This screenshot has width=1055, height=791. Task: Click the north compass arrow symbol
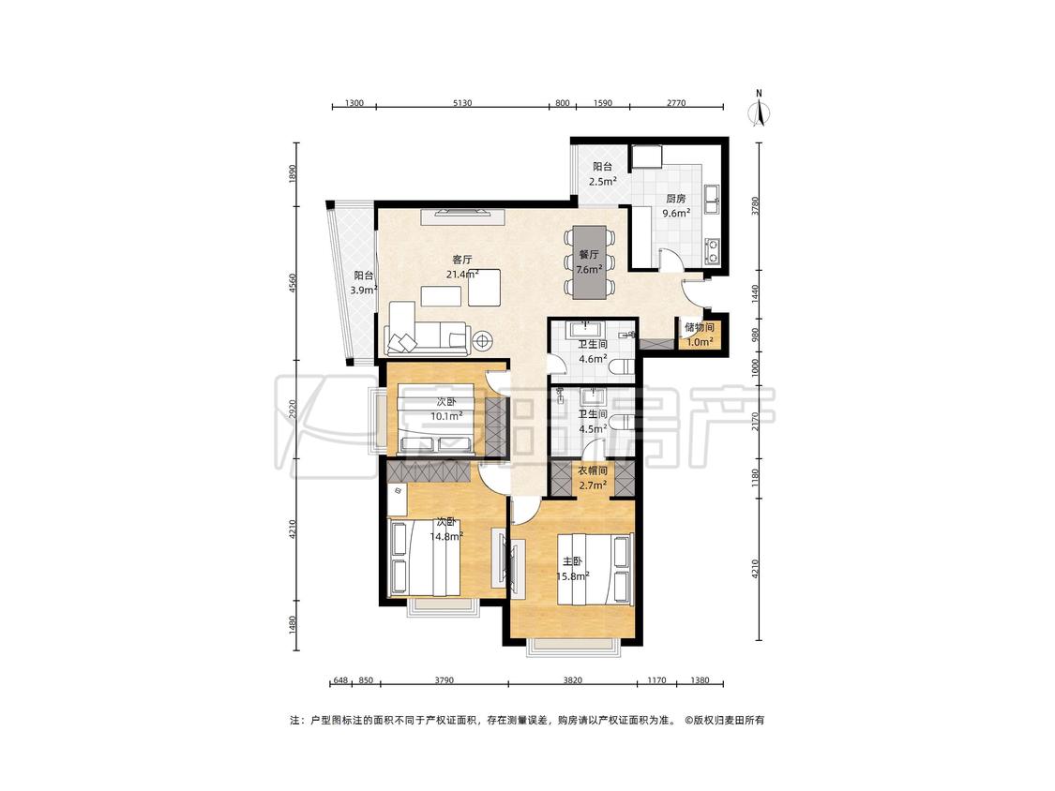(x=760, y=112)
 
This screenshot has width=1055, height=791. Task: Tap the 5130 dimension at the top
(x=462, y=103)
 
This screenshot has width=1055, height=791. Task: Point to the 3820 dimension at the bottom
(x=572, y=680)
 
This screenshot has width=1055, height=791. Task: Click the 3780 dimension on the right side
(x=755, y=205)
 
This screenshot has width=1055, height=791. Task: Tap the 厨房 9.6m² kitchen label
(x=675, y=206)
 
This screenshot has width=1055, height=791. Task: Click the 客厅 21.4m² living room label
(x=462, y=266)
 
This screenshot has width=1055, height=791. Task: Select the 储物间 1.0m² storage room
(x=699, y=335)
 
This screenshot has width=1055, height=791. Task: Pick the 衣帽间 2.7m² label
(x=592, y=478)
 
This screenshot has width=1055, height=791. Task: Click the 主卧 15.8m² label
(x=573, y=568)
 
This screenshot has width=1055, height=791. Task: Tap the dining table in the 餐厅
(x=589, y=261)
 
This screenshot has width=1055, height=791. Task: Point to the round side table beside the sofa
(x=482, y=341)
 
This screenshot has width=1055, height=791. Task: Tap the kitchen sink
(x=711, y=194)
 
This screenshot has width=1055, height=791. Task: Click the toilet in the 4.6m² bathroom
(x=624, y=366)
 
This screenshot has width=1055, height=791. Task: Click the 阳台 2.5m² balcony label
(x=602, y=174)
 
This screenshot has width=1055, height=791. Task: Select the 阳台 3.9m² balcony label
(x=363, y=283)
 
